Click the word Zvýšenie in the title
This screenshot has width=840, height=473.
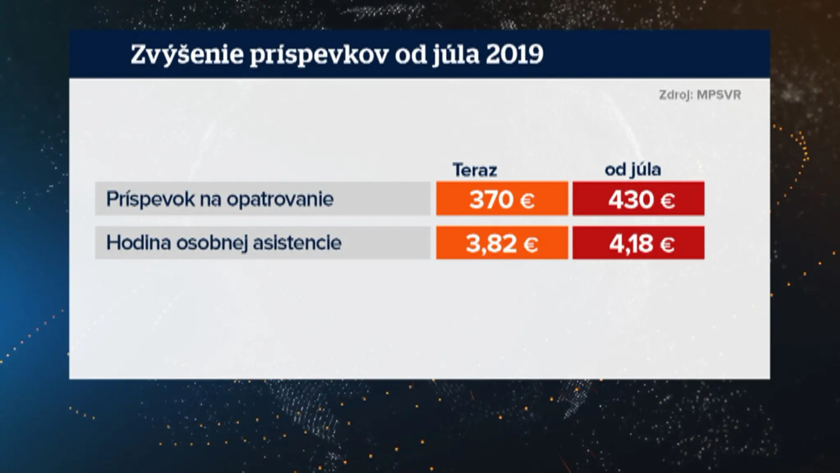(187, 55)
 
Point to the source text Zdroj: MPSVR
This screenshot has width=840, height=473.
(700, 95)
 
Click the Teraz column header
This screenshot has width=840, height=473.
(475, 170)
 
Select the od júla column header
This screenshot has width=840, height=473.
(633, 170)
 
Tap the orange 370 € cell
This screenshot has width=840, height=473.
(502, 199)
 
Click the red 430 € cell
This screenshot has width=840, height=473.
(639, 199)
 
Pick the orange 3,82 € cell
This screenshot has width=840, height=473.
(502, 243)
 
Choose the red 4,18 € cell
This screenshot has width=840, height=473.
(639, 243)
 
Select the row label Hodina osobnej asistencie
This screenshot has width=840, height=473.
(224, 243)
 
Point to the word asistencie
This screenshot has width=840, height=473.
(297, 242)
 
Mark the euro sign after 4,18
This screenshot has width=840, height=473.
(667, 245)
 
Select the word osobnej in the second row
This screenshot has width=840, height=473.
(212, 243)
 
